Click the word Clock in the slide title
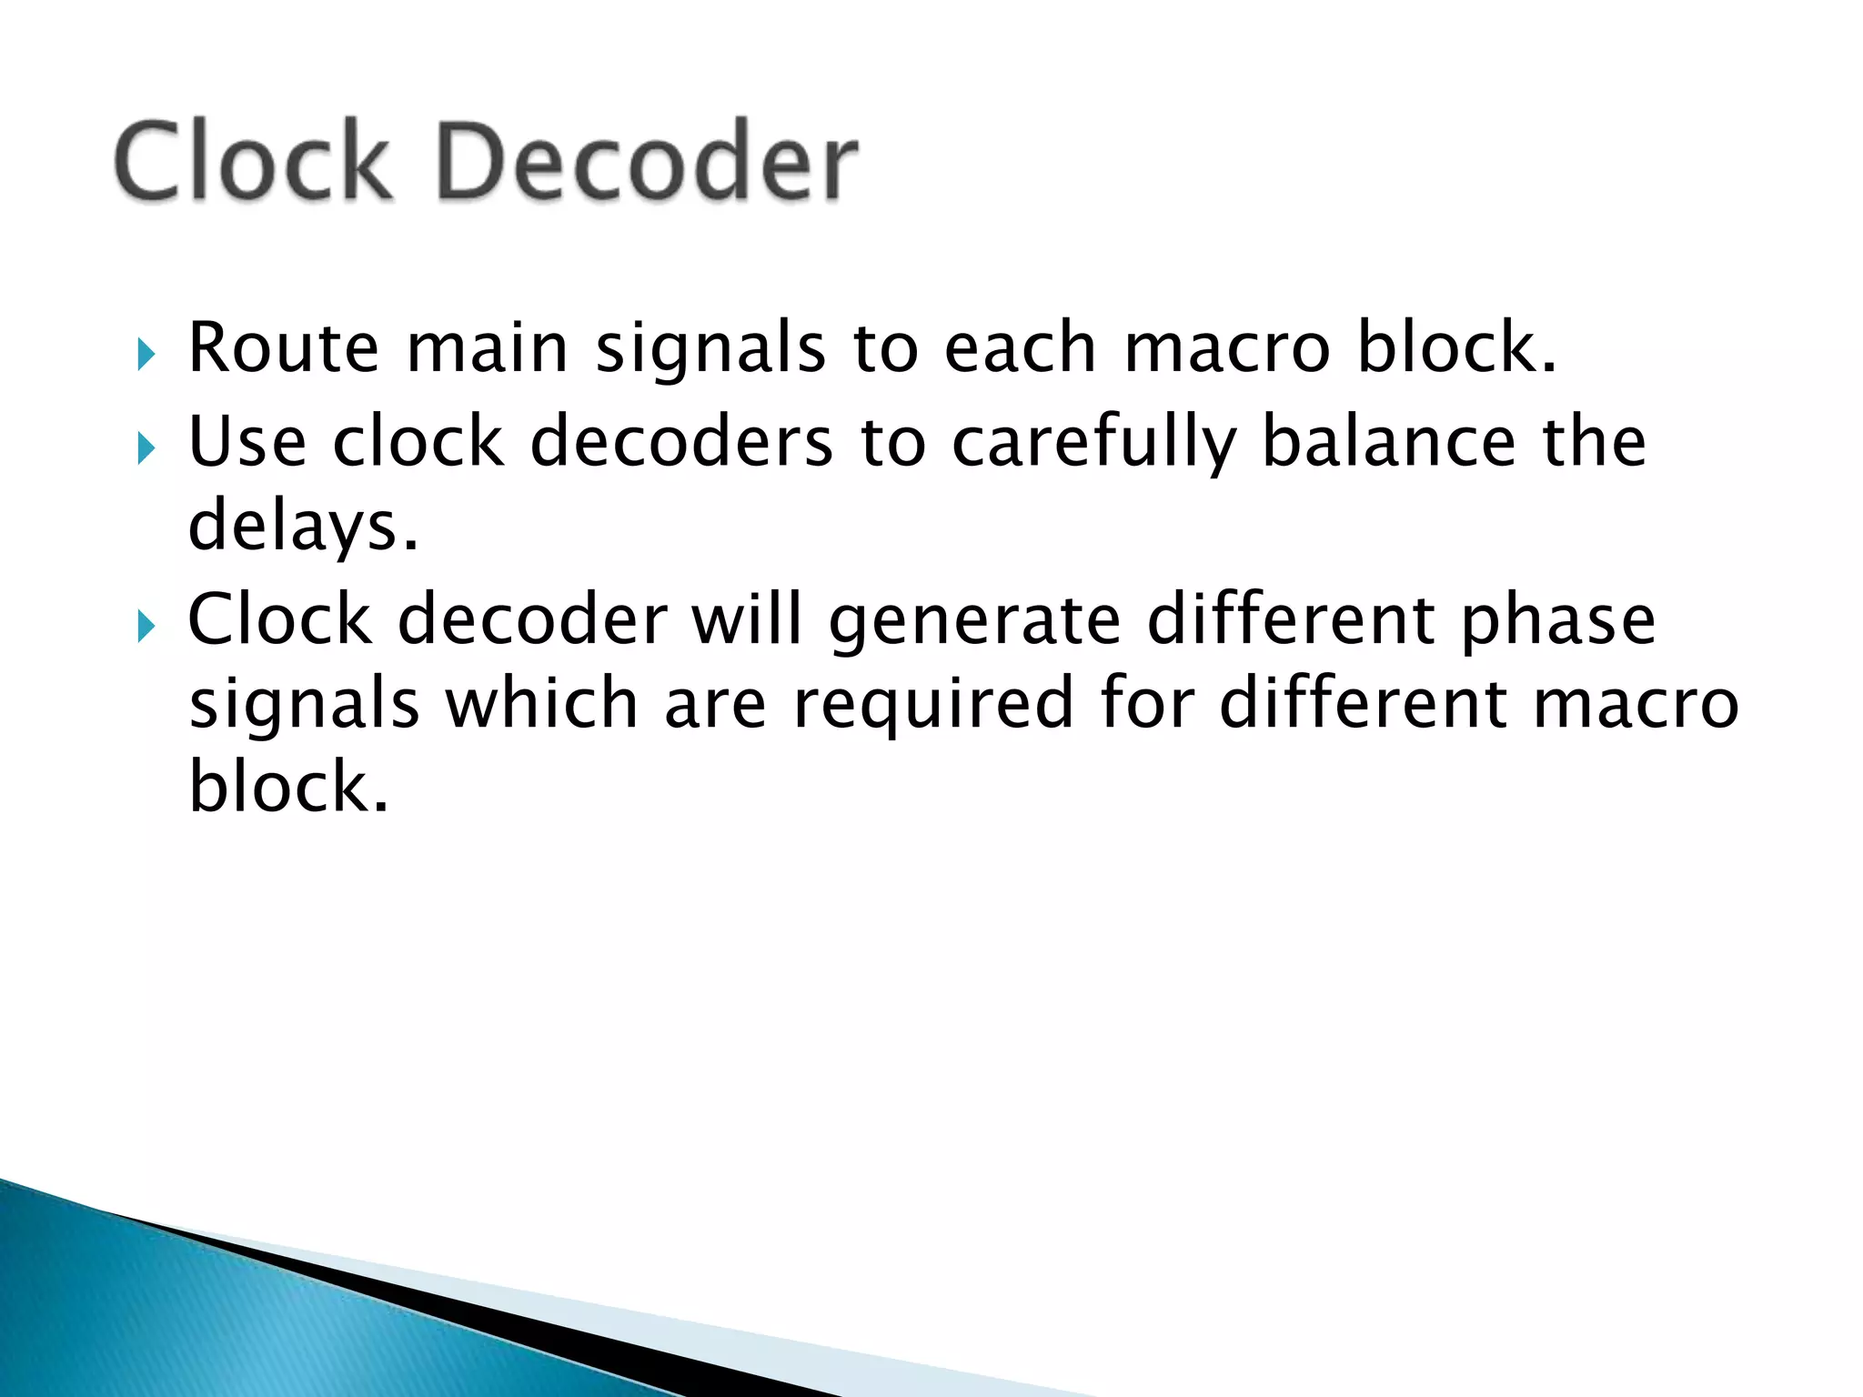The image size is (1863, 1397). pyautogui.click(x=253, y=161)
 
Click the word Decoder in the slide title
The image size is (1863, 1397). pyautogui.click(x=647, y=161)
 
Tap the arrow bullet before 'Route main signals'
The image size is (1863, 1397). pyautogui.click(x=146, y=355)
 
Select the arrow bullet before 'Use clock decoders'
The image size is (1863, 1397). pyautogui.click(x=146, y=448)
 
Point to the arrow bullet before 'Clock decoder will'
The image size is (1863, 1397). pyautogui.click(x=146, y=627)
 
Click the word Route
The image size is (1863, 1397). pyautogui.click(x=283, y=347)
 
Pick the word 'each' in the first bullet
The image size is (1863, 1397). pyautogui.click(x=1020, y=347)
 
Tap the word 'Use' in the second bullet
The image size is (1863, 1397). pyautogui.click(x=247, y=442)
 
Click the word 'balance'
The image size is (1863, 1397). pyautogui.click(x=1388, y=442)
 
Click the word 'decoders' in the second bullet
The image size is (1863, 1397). pyautogui.click(x=681, y=442)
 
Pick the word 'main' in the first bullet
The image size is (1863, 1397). pyautogui.click(x=487, y=347)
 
